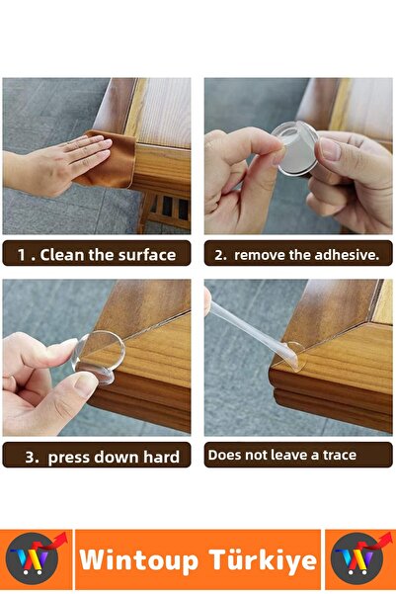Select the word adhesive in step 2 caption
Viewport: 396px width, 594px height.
(346, 255)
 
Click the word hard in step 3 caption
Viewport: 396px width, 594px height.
(161, 456)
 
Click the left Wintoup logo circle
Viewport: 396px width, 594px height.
(34, 560)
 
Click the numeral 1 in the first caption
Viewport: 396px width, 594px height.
(21, 255)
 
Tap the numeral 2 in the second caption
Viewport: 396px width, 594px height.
(219, 255)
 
